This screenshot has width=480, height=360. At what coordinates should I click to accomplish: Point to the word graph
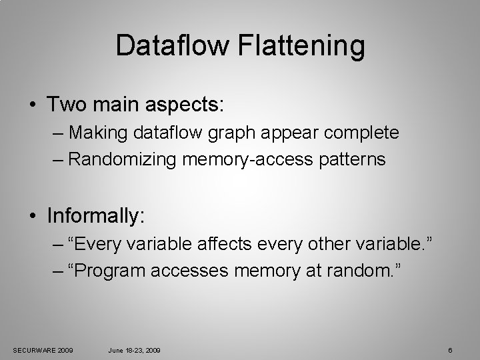233,133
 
